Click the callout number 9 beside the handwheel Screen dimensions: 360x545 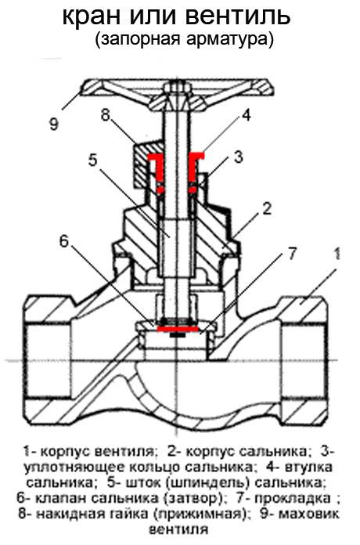(x=53, y=124)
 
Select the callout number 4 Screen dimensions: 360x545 (x=246, y=114)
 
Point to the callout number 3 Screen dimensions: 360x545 (x=238, y=157)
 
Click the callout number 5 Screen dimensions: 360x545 (x=93, y=160)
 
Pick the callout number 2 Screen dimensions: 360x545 (x=267, y=208)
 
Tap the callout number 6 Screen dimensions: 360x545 (x=64, y=240)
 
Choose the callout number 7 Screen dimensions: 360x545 (x=292, y=254)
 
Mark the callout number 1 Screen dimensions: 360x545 (x=337, y=254)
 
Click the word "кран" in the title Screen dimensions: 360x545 (x=93, y=16)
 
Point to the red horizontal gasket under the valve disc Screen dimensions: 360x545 (x=178, y=328)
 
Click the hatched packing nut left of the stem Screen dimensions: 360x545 (x=144, y=163)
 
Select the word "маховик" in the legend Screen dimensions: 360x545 (x=308, y=514)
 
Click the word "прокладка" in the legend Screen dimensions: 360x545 (x=293, y=498)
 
